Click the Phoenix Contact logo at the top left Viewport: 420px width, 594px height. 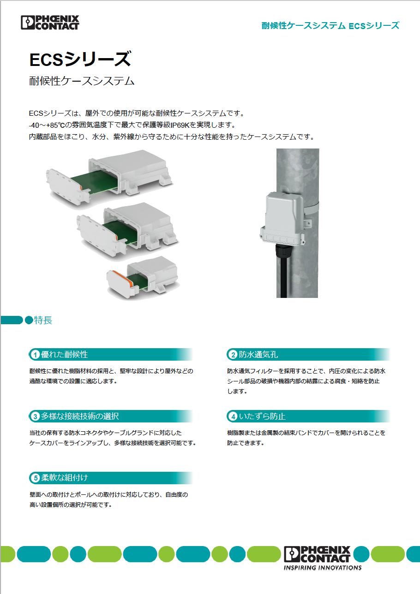(50, 22)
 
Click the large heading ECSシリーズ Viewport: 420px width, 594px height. (80, 59)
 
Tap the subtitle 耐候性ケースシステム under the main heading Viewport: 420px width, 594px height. (82, 81)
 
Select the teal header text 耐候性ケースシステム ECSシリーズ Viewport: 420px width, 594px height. (330, 26)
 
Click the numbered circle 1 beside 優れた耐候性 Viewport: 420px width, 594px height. (35, 355)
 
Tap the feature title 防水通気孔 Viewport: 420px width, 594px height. (258, 355)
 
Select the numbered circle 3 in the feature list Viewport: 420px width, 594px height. (35, 416)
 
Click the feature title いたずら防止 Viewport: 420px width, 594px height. (262, 416)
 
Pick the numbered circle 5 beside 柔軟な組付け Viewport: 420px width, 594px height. (35, 478)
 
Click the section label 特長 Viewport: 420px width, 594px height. (43, 321)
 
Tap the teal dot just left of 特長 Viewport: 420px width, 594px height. (29, 321)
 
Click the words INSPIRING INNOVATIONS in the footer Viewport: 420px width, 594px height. (323, 568)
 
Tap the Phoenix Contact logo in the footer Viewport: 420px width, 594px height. (318, 554)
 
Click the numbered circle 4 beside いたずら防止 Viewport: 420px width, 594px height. (233, 416)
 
